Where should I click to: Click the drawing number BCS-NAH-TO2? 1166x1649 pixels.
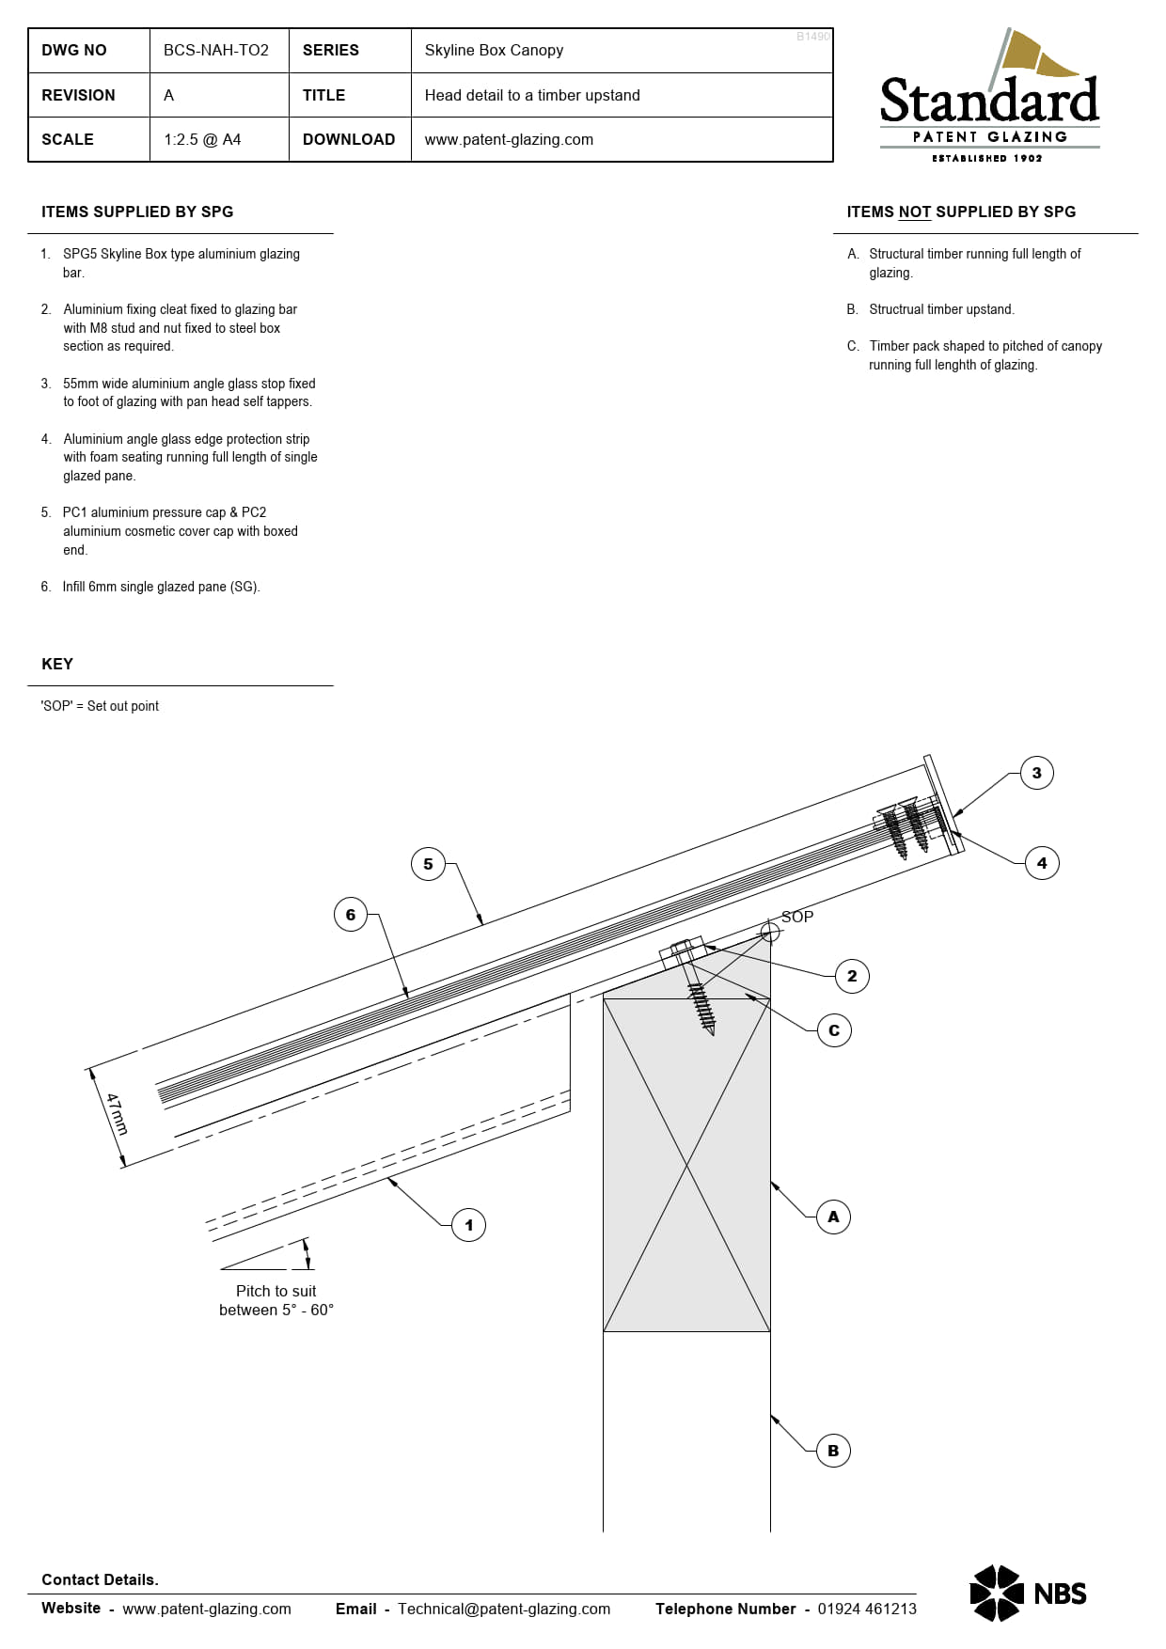pyautogui.click(x=216, y=51)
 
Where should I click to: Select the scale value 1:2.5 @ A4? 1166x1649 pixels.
pyautogui.click(x=202, y=140)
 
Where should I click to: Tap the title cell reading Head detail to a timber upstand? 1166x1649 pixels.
pyautogui.click(x=532, y=96)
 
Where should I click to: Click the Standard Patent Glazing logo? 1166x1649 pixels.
pyautogui.click(x=989, y=98)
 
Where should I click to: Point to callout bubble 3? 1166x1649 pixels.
pyautogui.click(x=1036, y=774)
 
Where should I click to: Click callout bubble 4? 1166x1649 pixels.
pyautogui.click(x=1041, y=863)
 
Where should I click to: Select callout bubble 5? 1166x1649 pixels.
pyautogui.click(x=428, y=864)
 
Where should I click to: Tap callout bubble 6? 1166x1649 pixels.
pyautogui.click(x=351, y=915)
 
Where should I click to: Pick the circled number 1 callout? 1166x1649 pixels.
pyautogui.click(x=468, y=1225)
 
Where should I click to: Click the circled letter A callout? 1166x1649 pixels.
pyautogui.click(x=833, y=1217)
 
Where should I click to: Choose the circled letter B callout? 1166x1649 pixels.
pyautogui.click(x=833, y=1451)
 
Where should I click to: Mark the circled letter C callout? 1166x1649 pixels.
pyautogui.click(x=834, y=1030)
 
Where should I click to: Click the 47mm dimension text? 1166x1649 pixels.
pyautogui.click(x=117, y=1114)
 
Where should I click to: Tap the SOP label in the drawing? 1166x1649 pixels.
pyautogui.click(x=797, y=917)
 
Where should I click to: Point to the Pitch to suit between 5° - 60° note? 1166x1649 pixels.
pyautogui.click(x=276, y=1300)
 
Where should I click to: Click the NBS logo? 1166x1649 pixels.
pyautogui.click(x=1028, y=1594)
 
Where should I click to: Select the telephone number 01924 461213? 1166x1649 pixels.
pyautogui.click(x=866, y=1609)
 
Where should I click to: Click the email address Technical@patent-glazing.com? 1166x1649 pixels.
pyautogui.click(x=504, y=1609)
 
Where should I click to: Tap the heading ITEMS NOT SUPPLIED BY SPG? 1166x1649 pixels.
pyautogui.click(x=960, y=212)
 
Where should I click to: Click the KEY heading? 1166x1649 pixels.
pyautogui.click(x=57, y=665)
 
